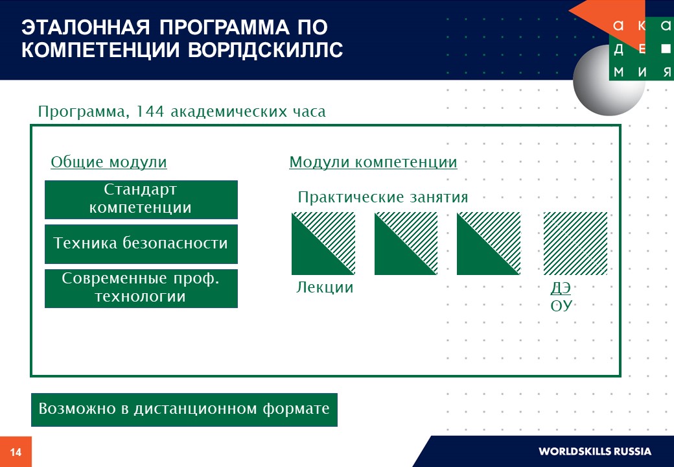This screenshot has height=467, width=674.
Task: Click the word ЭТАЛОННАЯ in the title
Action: click(86, 27)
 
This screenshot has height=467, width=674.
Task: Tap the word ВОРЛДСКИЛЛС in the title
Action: click(266, 49)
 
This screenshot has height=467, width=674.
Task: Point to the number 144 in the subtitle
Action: click(150, 112)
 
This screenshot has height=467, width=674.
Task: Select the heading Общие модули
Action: click(109, 162)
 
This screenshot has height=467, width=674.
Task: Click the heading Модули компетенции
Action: click(373, 162)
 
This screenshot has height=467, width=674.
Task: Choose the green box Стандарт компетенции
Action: click(141, 200)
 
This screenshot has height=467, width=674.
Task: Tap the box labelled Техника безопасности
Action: click(141, 244)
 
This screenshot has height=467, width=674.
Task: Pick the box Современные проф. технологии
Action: click(141, 288)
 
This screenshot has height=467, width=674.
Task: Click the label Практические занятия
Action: click(382, 197)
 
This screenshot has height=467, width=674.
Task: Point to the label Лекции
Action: click(325, 287)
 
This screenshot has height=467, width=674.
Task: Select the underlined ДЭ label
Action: click(561, 288)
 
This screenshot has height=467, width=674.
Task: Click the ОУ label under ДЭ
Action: click(561, 305)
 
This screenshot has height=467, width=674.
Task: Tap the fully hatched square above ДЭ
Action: click(575, 243)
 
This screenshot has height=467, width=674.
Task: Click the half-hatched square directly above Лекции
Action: click(323, 243)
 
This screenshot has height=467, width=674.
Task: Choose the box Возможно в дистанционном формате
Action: click(184, 410)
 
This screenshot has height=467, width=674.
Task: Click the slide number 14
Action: click(16, 452)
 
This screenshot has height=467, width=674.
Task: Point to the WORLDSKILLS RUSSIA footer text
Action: click(595, 451)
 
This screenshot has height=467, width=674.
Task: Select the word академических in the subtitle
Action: click(229, 112)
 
